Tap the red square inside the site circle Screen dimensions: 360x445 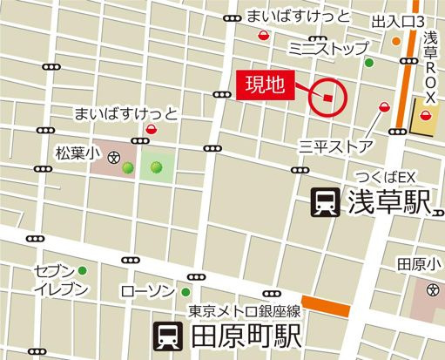point(327,98)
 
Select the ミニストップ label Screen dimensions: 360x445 point(328,48)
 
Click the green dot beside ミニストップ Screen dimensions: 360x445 point(368,63)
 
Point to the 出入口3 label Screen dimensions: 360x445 point(398,20)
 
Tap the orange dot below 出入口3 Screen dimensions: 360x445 point(396,40)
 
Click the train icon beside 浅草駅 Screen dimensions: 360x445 point(327,204)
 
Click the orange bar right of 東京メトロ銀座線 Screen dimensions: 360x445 point(325,307)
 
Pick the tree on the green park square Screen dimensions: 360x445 point(157,166)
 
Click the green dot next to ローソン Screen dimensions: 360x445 point(185,291)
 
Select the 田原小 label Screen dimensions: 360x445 point(420,264)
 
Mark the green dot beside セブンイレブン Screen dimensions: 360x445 point(83,270)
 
